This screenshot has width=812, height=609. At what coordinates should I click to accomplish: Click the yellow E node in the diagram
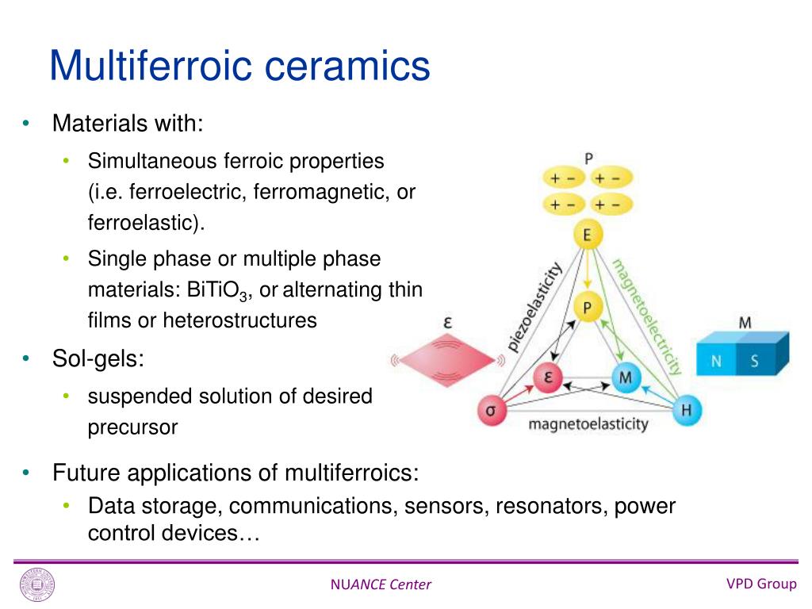coord(587,236)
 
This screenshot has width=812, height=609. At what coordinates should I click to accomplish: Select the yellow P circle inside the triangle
coord(587,308)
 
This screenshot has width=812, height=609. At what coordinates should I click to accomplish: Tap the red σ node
coord(491,411)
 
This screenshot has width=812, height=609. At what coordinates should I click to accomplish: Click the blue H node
coord(686,410)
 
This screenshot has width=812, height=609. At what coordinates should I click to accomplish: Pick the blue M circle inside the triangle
coord(626,378)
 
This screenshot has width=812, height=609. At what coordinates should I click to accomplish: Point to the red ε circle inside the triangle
coord(546,378)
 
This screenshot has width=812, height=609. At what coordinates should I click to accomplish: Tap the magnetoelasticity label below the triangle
coord(588,424)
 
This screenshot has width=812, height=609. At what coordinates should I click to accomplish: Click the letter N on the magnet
coord(716,362)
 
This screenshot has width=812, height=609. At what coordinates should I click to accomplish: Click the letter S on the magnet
coord(754,362)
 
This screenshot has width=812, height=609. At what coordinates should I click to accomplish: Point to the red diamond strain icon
coord(447,360)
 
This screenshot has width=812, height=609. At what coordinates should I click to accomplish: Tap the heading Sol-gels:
coord(98,359)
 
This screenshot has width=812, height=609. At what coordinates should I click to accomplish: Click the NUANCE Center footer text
coord(381,585)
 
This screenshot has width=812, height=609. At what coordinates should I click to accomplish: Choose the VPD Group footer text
coord(761,584)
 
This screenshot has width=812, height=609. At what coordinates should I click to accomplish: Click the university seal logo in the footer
coord(37,586)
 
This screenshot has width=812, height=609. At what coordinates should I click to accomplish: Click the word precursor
coord(132,427)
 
